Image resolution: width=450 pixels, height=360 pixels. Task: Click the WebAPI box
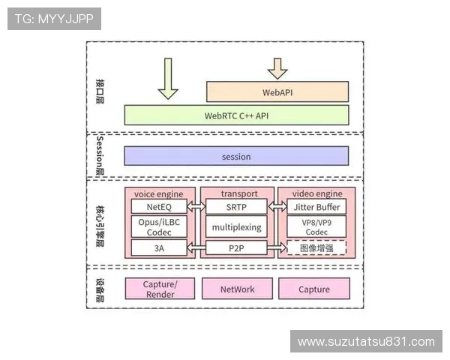(277, 92)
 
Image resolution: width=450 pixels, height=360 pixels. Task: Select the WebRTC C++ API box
(236, 115)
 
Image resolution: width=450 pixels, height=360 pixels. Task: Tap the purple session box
(236, 156)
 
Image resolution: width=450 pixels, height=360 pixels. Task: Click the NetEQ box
(160, 206)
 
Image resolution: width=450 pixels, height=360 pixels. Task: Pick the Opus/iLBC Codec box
(160, 226)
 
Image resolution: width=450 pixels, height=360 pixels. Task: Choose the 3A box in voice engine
(160, 247)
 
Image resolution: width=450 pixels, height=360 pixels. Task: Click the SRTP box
(236, 206)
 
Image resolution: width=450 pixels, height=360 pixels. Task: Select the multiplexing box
(236, 226)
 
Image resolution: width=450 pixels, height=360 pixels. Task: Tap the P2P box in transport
(236, 247)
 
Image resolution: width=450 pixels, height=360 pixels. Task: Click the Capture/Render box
(160, 289)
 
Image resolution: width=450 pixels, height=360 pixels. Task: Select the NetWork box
(237, 289)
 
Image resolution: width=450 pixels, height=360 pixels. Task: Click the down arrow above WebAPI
(277, 68)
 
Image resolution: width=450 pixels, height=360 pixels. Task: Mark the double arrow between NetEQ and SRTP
(198, 206)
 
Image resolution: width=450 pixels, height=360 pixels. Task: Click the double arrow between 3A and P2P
(198, 247)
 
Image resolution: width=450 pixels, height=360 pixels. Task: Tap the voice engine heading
(159, 193)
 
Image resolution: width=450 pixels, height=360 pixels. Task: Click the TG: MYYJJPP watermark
(54, 18)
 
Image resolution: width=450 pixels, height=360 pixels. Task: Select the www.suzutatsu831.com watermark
(366, 342)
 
